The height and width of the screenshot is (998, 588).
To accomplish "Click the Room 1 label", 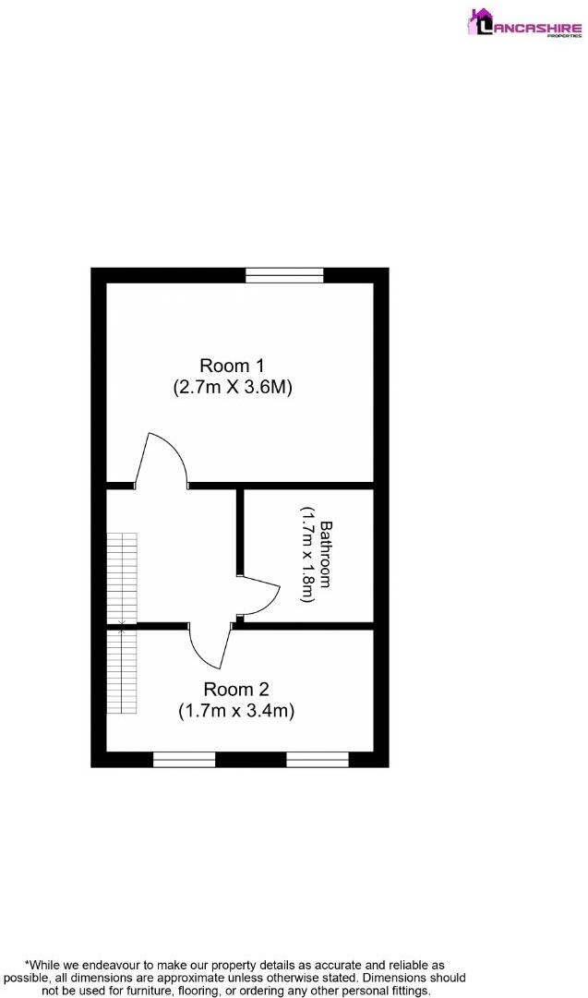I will coord(232,365).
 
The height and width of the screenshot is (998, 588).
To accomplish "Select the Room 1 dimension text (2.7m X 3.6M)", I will coord(233,388).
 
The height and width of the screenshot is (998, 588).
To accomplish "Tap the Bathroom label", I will coord(326,556).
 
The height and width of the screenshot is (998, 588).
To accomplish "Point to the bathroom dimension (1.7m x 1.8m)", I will coord(307,555).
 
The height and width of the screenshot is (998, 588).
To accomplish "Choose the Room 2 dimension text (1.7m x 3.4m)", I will coord(235,711).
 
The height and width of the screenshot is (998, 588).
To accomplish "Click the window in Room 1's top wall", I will coord(284,274).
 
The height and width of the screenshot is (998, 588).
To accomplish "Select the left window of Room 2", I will coord(184,760).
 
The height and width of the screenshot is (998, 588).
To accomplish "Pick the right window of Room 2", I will coord(318,760).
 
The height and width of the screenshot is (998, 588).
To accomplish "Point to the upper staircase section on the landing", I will coord(121,578).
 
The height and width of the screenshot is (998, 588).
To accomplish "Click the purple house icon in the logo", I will coord(481,20).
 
